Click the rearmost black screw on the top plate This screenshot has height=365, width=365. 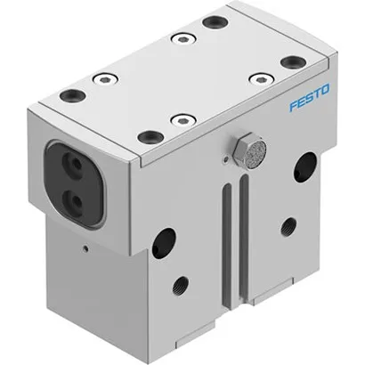pyautogui.click(x=215, y=22)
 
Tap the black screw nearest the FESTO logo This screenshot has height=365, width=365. pyautogui.click(x=292, y=61)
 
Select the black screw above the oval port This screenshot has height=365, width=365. pyautogui.click(x=72, y=95)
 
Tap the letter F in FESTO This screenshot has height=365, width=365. pyautogui.click(x=292, y=106)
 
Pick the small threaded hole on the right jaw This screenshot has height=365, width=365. pyautogui.click(x=287, y=226)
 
